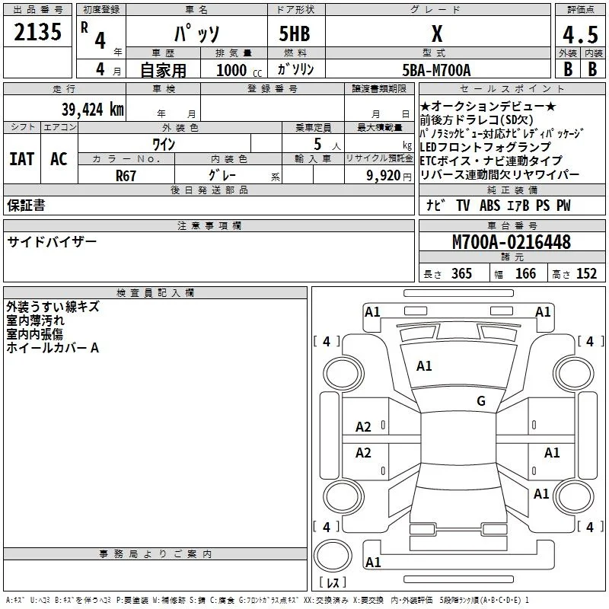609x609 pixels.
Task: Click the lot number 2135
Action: click(x=37, y=32)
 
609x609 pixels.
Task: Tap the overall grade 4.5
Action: click(x=580, y=35)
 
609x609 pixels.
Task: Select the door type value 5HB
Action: click(x=295, y=33)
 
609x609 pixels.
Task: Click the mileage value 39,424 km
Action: click(x=92, y=110)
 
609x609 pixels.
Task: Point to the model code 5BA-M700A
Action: click(x=436, y=70)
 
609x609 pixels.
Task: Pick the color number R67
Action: click(x=126, y=176)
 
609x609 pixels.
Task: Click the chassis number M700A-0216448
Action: click(x=512, y=242)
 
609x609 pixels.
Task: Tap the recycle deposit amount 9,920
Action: click(x=384, y=176)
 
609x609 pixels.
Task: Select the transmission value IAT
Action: click(x=22, y=159)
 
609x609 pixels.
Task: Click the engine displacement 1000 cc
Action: click(x=239, y=71)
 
